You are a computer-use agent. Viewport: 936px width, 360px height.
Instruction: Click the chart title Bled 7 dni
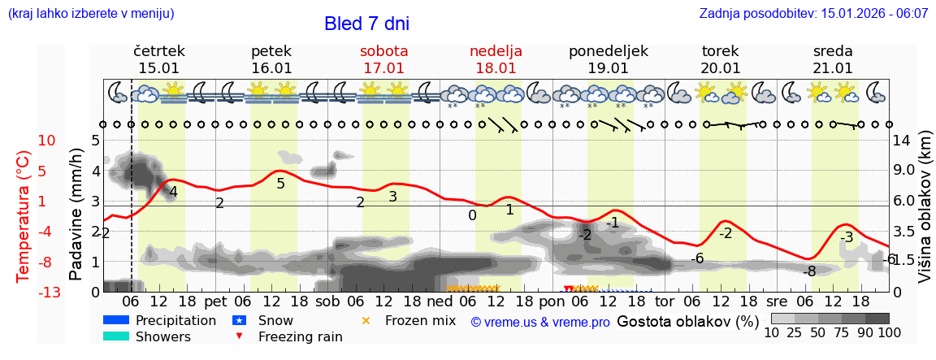(x=366, y=24)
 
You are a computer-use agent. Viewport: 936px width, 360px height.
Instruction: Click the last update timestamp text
(x=813, y=14)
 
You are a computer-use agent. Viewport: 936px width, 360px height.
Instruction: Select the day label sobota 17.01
(x=383, y=59)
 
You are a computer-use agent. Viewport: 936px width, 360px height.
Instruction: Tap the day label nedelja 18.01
(x=496, y=59)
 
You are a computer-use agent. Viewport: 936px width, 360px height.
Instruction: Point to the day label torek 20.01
(x=720, y=59)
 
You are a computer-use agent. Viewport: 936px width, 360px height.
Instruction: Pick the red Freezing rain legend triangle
(x=238, y=336)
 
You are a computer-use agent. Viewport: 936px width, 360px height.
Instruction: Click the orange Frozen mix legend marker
(x=366, y=320)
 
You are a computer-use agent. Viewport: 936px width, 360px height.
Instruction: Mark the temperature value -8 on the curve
(x=809, y=271)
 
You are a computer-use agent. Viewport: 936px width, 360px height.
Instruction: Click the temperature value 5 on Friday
(x=280, y=184)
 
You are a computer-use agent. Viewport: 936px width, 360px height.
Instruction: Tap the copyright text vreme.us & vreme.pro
(x=540, y=322)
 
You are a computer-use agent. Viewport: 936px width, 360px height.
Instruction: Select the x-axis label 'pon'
(x=551, y=301)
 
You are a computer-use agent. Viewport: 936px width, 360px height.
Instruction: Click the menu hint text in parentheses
(x=90, y=14)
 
